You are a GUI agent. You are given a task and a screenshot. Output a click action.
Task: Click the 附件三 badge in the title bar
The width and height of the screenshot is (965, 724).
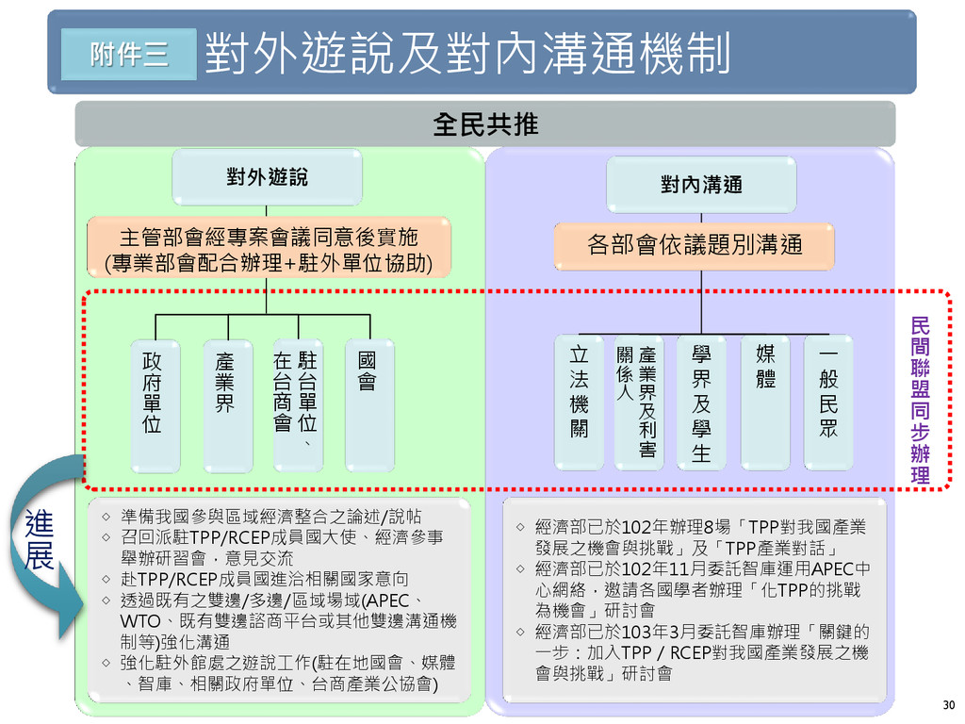coord(128,54)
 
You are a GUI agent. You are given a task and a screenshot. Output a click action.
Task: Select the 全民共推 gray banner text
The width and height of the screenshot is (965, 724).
coord(484,124)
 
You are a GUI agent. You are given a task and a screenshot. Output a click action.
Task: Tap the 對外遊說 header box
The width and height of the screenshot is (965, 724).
coord(266,177)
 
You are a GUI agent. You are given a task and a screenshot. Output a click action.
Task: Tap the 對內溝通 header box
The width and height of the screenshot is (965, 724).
coord(700,184)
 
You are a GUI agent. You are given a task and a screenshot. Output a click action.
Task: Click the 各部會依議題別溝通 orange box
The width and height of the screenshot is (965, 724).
coord(695,246)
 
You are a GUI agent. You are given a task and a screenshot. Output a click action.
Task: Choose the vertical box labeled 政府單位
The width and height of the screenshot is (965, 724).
coord(153,405)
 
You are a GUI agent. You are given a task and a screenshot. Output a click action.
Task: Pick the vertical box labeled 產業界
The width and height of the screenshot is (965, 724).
coord(226,405)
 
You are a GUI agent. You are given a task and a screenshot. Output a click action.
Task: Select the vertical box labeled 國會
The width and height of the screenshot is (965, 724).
coord(368,405)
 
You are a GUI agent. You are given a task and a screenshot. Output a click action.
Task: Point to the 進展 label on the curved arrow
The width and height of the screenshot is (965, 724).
coord(39,540)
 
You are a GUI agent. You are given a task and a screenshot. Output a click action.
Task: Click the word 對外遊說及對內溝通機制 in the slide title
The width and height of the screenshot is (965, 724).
coord(467,55)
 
